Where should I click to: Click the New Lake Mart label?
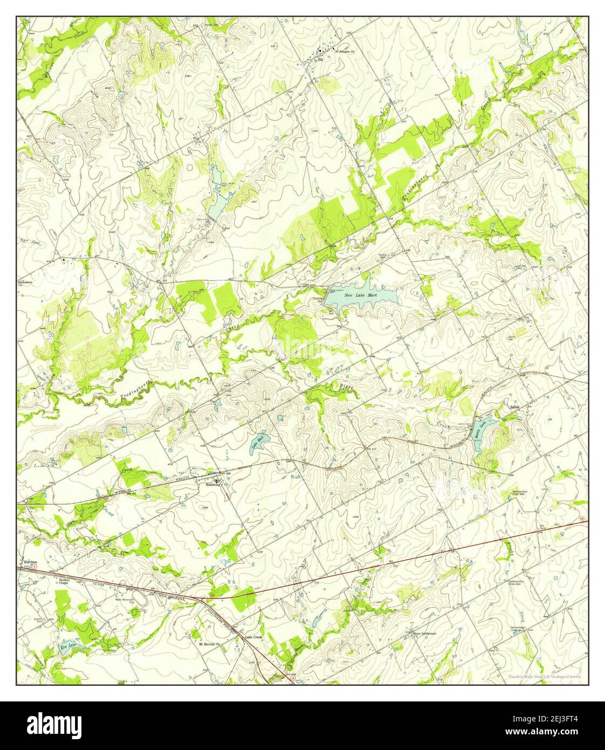pyautogui.click(x=360, y=296)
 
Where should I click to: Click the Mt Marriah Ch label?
pyautogui.click(x=210, y=644)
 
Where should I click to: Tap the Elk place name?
pyautogui.click(x=320, y=60)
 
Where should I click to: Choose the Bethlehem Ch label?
pyautogui.click(x=26, y=283)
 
